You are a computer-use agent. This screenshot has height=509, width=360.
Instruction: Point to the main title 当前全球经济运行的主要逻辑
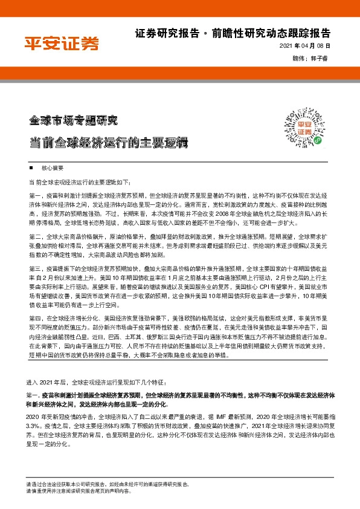pos(109,143)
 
